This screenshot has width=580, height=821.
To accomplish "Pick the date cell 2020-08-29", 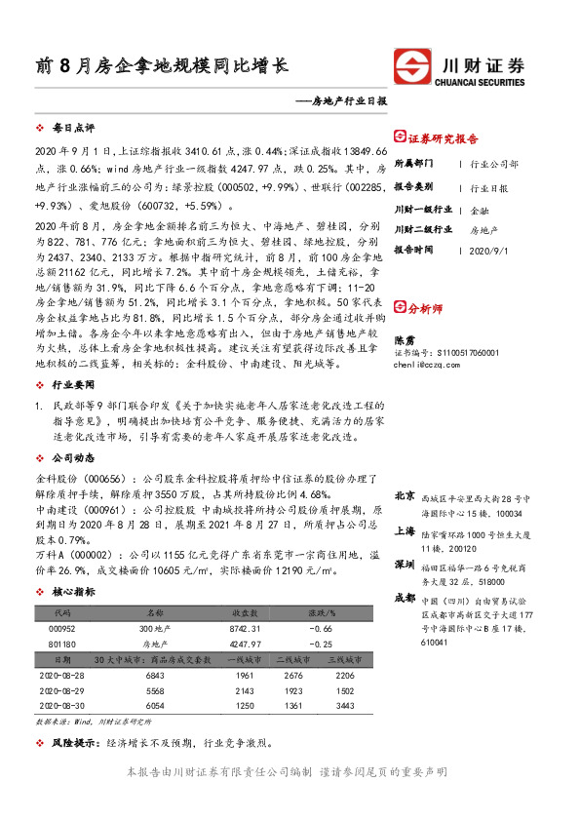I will (63, 689).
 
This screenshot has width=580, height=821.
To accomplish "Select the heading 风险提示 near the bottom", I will (74, 743).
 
